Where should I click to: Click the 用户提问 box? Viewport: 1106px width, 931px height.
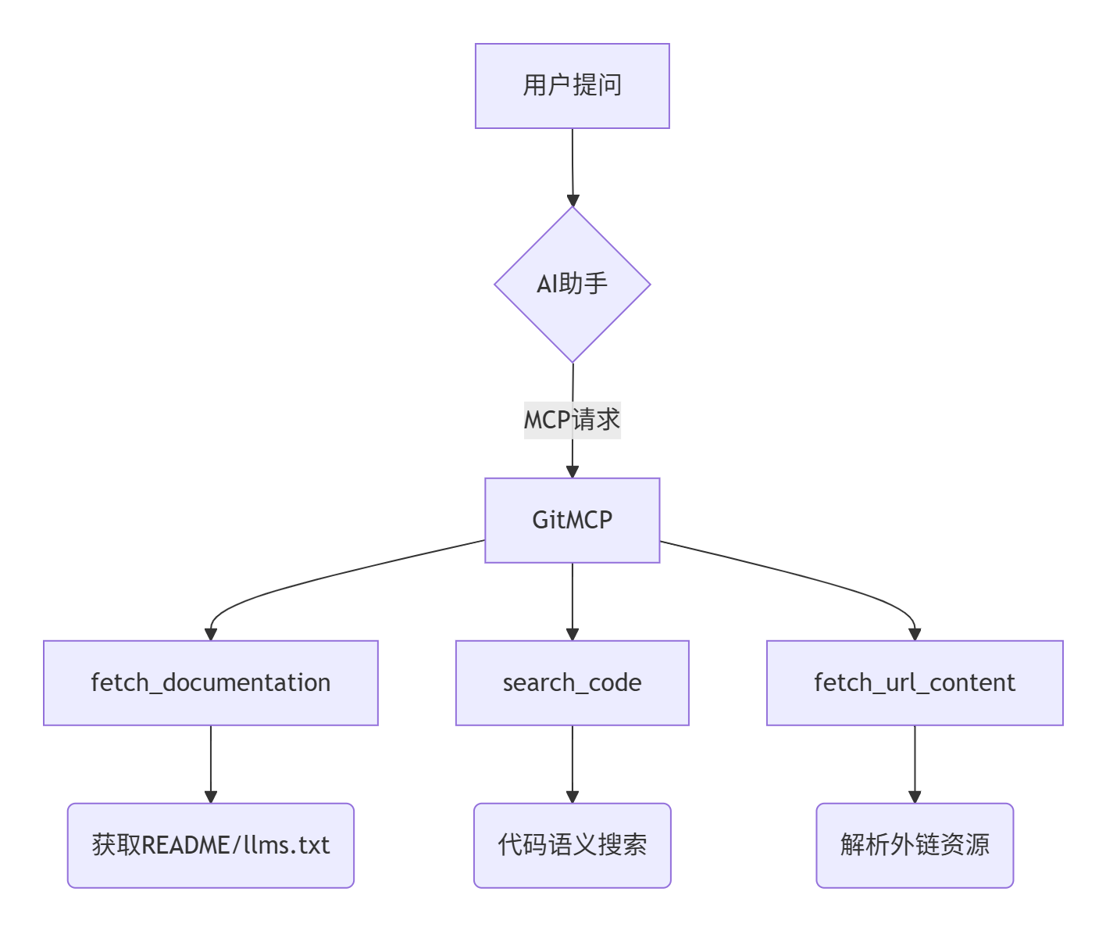point(572,86)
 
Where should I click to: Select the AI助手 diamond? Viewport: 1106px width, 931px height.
point(572,285)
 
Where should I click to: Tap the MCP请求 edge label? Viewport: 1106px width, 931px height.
point(572,420)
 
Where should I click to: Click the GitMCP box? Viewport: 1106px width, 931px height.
point(572,520)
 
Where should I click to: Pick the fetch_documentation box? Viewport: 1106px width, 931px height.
point(210,682)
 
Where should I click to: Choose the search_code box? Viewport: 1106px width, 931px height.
point(572,682)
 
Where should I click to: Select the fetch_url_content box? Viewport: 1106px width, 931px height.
point(915,682)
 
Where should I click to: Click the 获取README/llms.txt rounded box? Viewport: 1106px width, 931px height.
point(210,845)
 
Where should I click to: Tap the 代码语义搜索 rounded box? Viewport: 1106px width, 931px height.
point(572,845)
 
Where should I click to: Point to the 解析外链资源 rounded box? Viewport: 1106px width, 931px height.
point(915,845)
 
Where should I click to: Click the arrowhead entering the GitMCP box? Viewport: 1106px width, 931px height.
point(573,471)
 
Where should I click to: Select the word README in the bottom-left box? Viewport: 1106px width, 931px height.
point(186,845)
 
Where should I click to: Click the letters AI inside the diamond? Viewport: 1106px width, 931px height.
point(547,285)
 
